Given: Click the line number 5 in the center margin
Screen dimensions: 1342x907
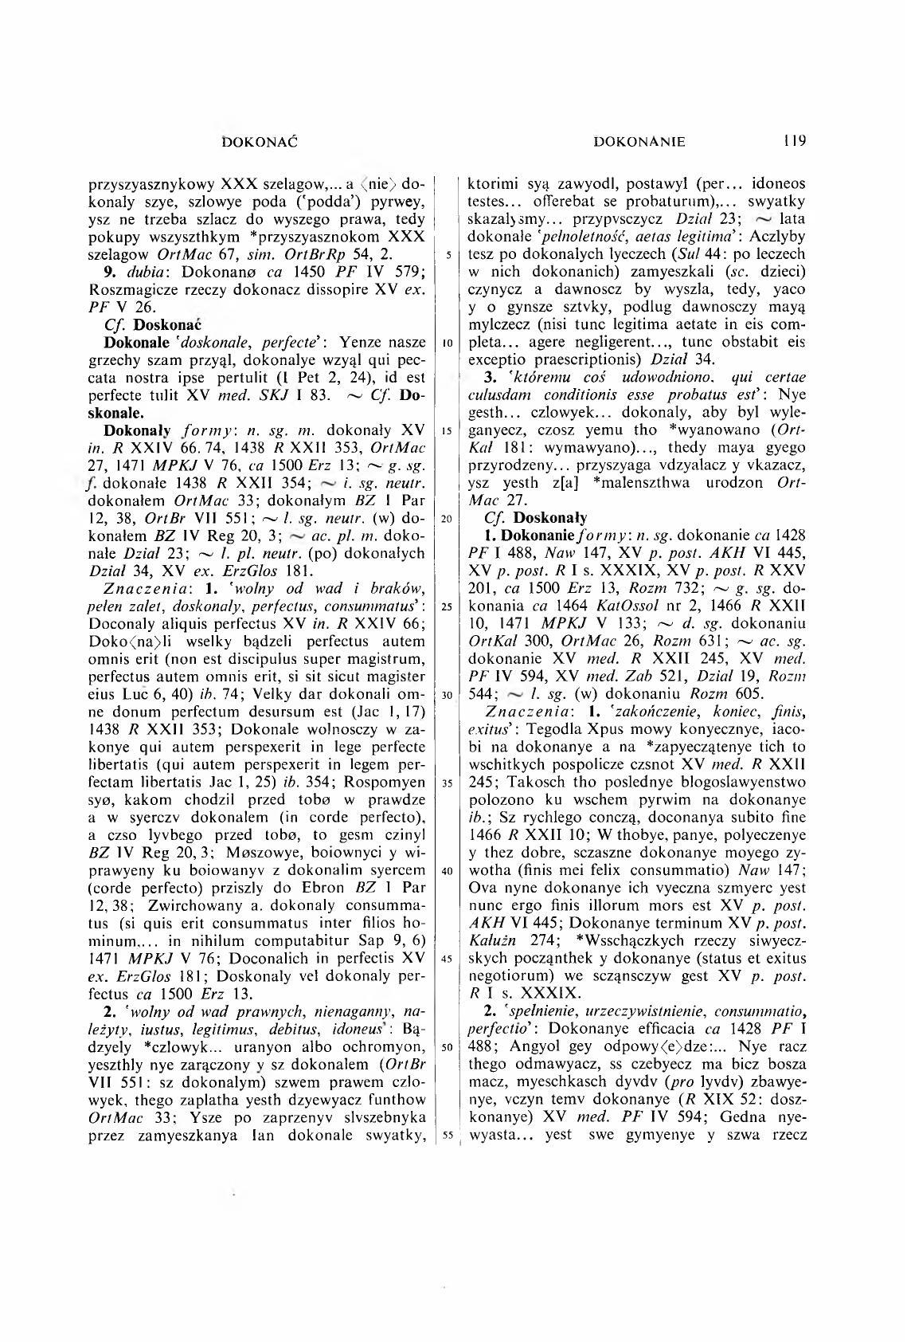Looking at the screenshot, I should coord(451,255).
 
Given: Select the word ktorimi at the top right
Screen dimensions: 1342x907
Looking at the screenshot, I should coord(491,184).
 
